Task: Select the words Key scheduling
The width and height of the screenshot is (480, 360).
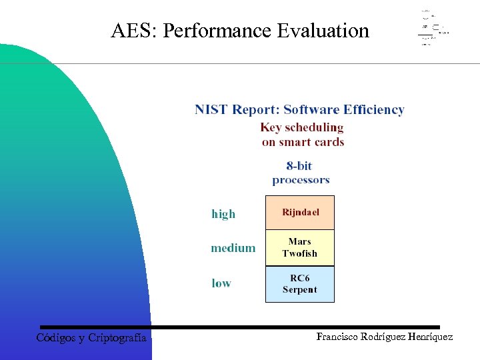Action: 302,127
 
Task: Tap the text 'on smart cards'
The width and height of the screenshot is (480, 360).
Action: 303,141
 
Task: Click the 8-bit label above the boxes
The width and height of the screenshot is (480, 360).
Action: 299,165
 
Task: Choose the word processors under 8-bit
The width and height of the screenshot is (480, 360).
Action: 301,179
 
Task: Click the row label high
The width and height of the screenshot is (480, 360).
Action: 223,214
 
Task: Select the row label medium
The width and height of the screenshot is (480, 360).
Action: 233,248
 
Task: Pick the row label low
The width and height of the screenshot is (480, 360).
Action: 221,283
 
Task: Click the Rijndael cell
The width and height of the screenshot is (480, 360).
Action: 300,212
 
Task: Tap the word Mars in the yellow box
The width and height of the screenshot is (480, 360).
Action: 300,241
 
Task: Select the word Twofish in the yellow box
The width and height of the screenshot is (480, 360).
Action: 300,253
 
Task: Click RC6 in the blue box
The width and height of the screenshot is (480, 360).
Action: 300,277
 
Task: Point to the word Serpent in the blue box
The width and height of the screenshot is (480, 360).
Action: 300,289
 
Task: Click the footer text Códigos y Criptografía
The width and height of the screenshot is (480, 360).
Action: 91,338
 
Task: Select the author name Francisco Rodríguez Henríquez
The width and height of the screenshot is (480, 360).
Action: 384,337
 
